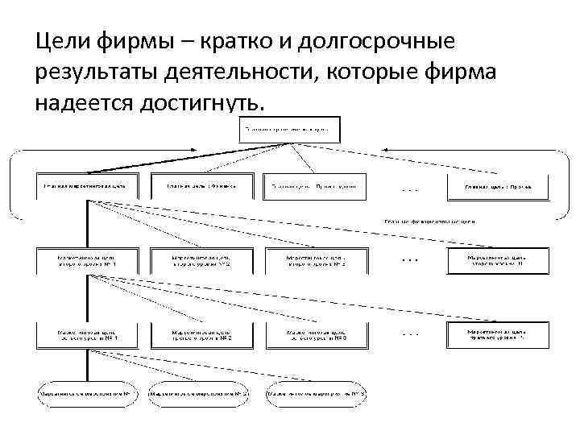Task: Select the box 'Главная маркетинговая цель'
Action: (x=85, y=186)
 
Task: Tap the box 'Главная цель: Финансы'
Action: (x=201, y=186)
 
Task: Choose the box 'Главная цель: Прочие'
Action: (x=497, y=186)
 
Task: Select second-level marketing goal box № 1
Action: (x=85, y=259)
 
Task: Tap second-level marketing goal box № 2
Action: (x=201, y=259)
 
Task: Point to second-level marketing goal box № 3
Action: (x=316, y=259)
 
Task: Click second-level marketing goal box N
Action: (x=497, y=259)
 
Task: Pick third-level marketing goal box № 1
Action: (x=85, y=334)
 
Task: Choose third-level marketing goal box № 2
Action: (x=201, y=334)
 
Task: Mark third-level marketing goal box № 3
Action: (x=316, y=334)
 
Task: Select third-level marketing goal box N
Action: (x=497, y=334)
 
